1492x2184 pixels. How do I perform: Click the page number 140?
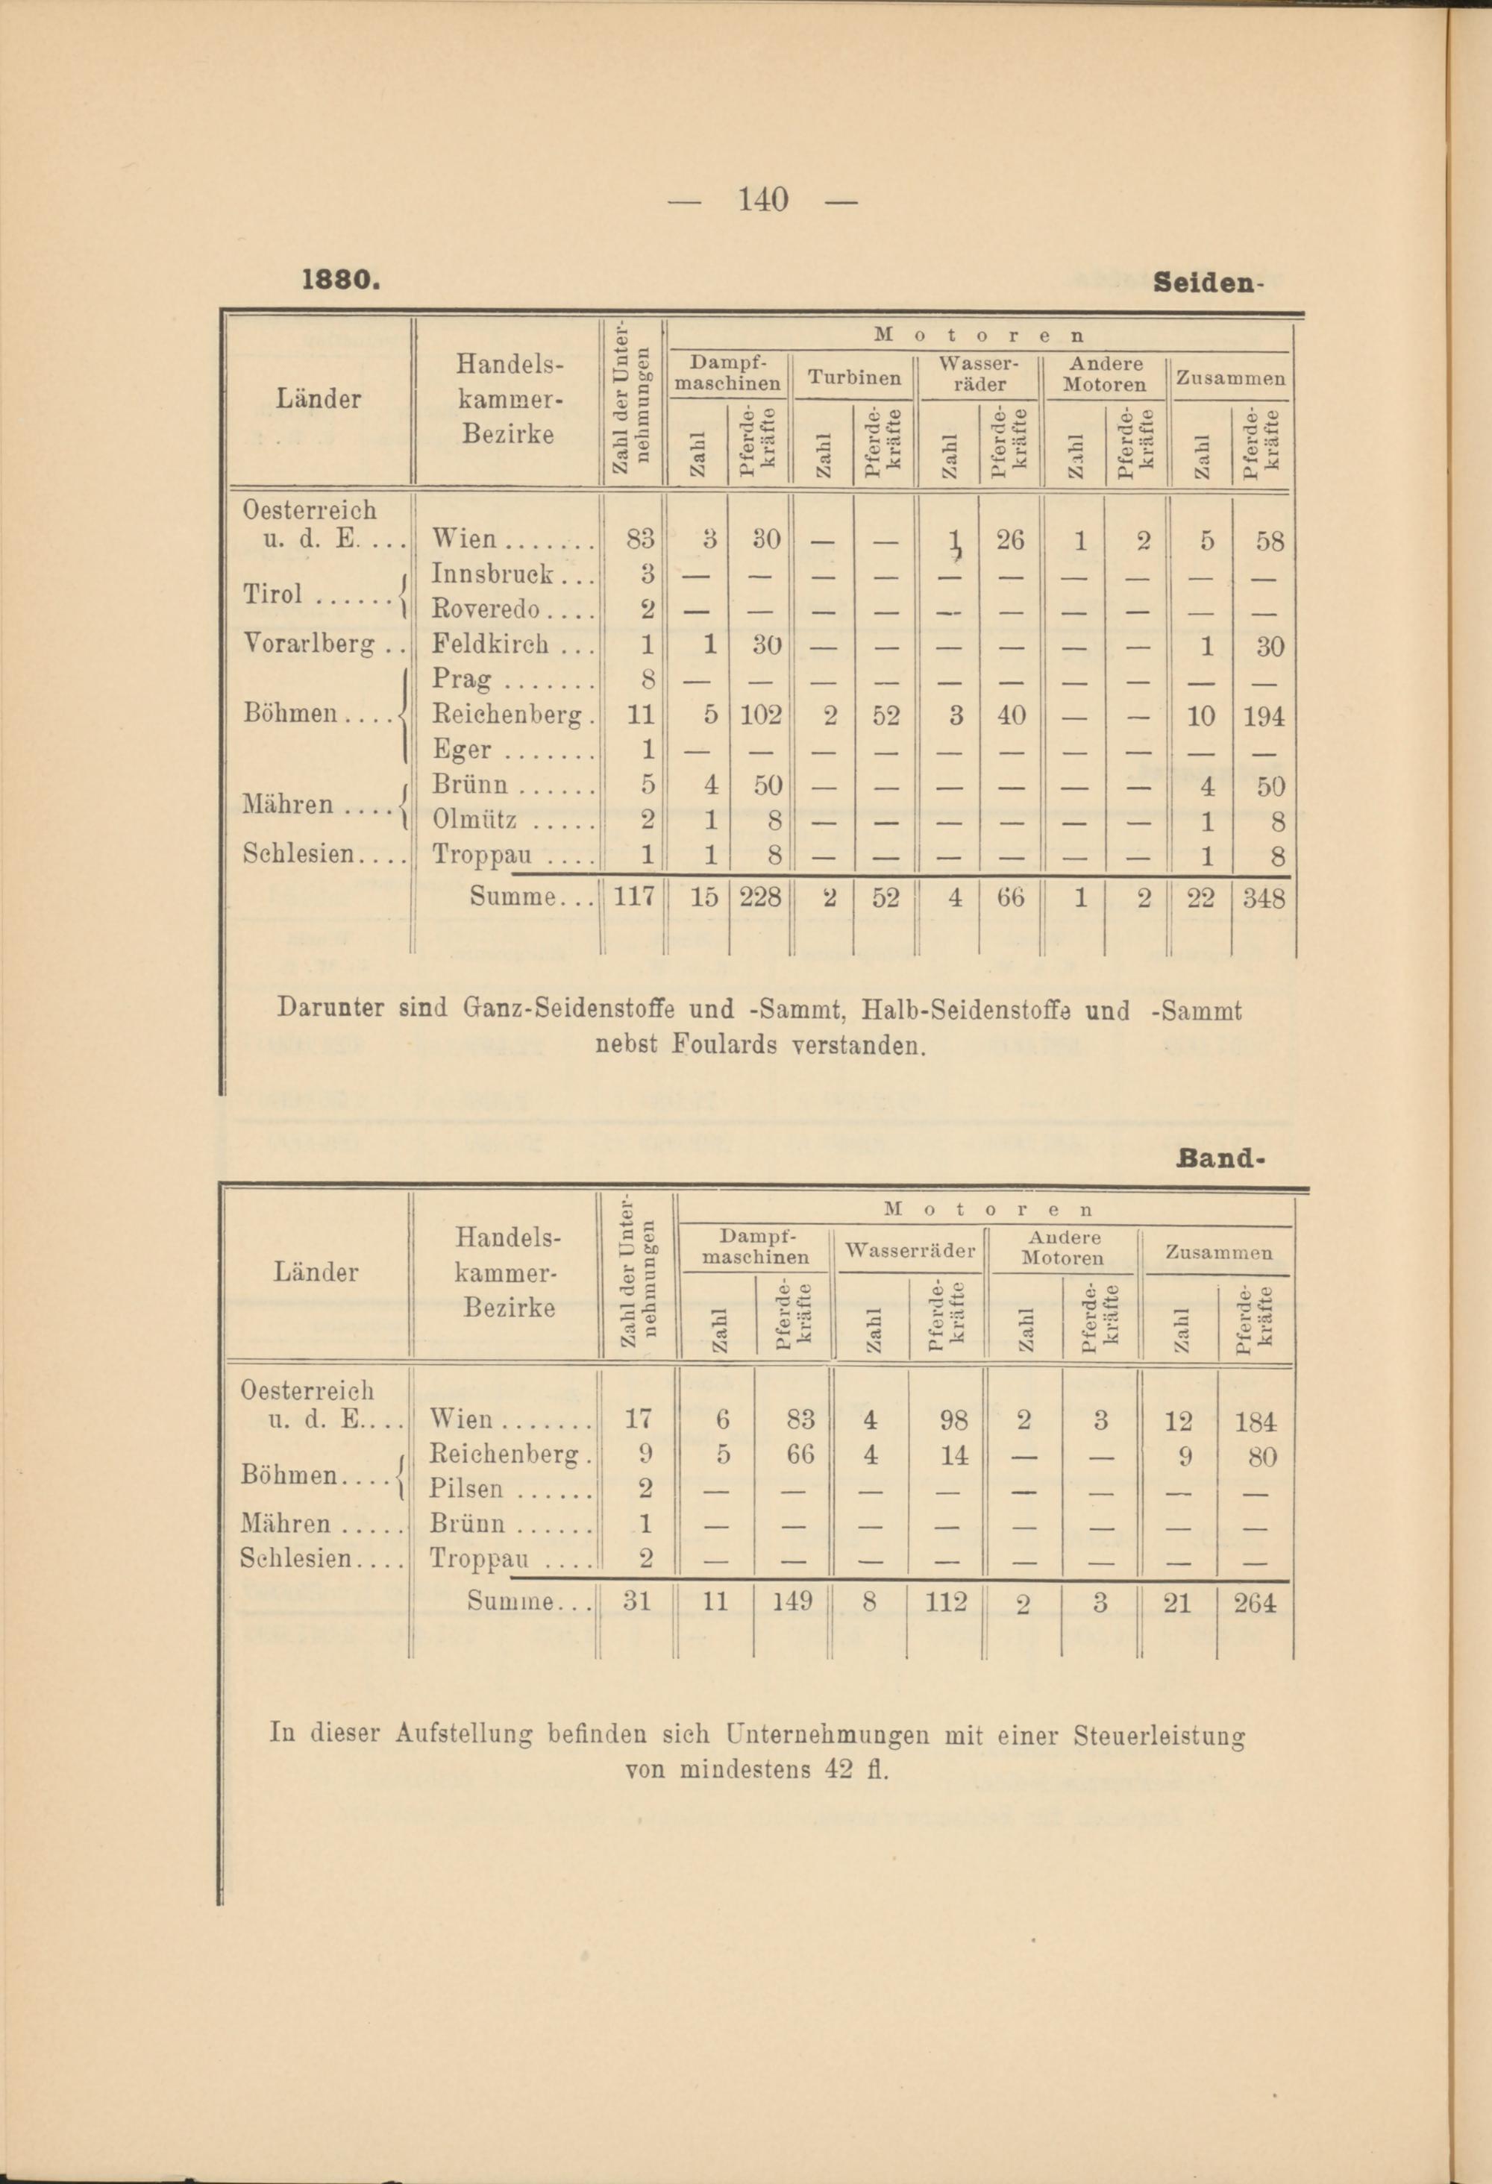(x=762, y=200)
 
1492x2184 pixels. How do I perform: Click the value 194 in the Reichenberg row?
(x=1264, y=717)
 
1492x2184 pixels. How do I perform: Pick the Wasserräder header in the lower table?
(x=909, y=1251)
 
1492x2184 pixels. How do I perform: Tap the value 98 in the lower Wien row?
(x=953, y=1421)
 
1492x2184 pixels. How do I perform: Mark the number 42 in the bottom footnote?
(x=839, y=1769)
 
